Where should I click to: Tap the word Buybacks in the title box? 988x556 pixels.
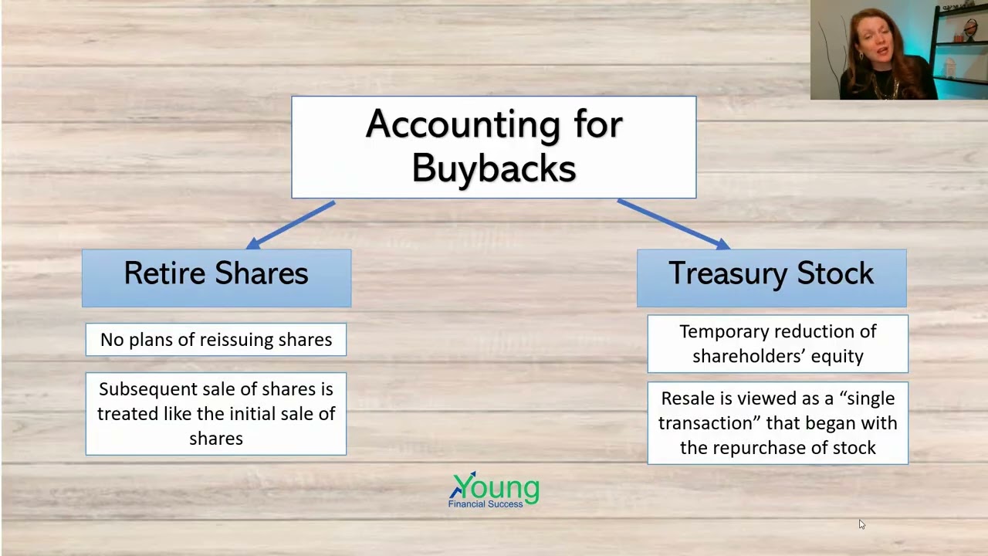click(494, 168)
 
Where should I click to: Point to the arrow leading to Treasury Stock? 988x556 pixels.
click(672, 224)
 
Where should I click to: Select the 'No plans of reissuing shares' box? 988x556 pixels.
click(216, 340)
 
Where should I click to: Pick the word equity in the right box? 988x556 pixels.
click(842, 356)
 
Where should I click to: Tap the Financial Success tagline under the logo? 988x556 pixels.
click(486, 504)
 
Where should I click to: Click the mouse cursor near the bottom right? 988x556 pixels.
click(861, 524)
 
